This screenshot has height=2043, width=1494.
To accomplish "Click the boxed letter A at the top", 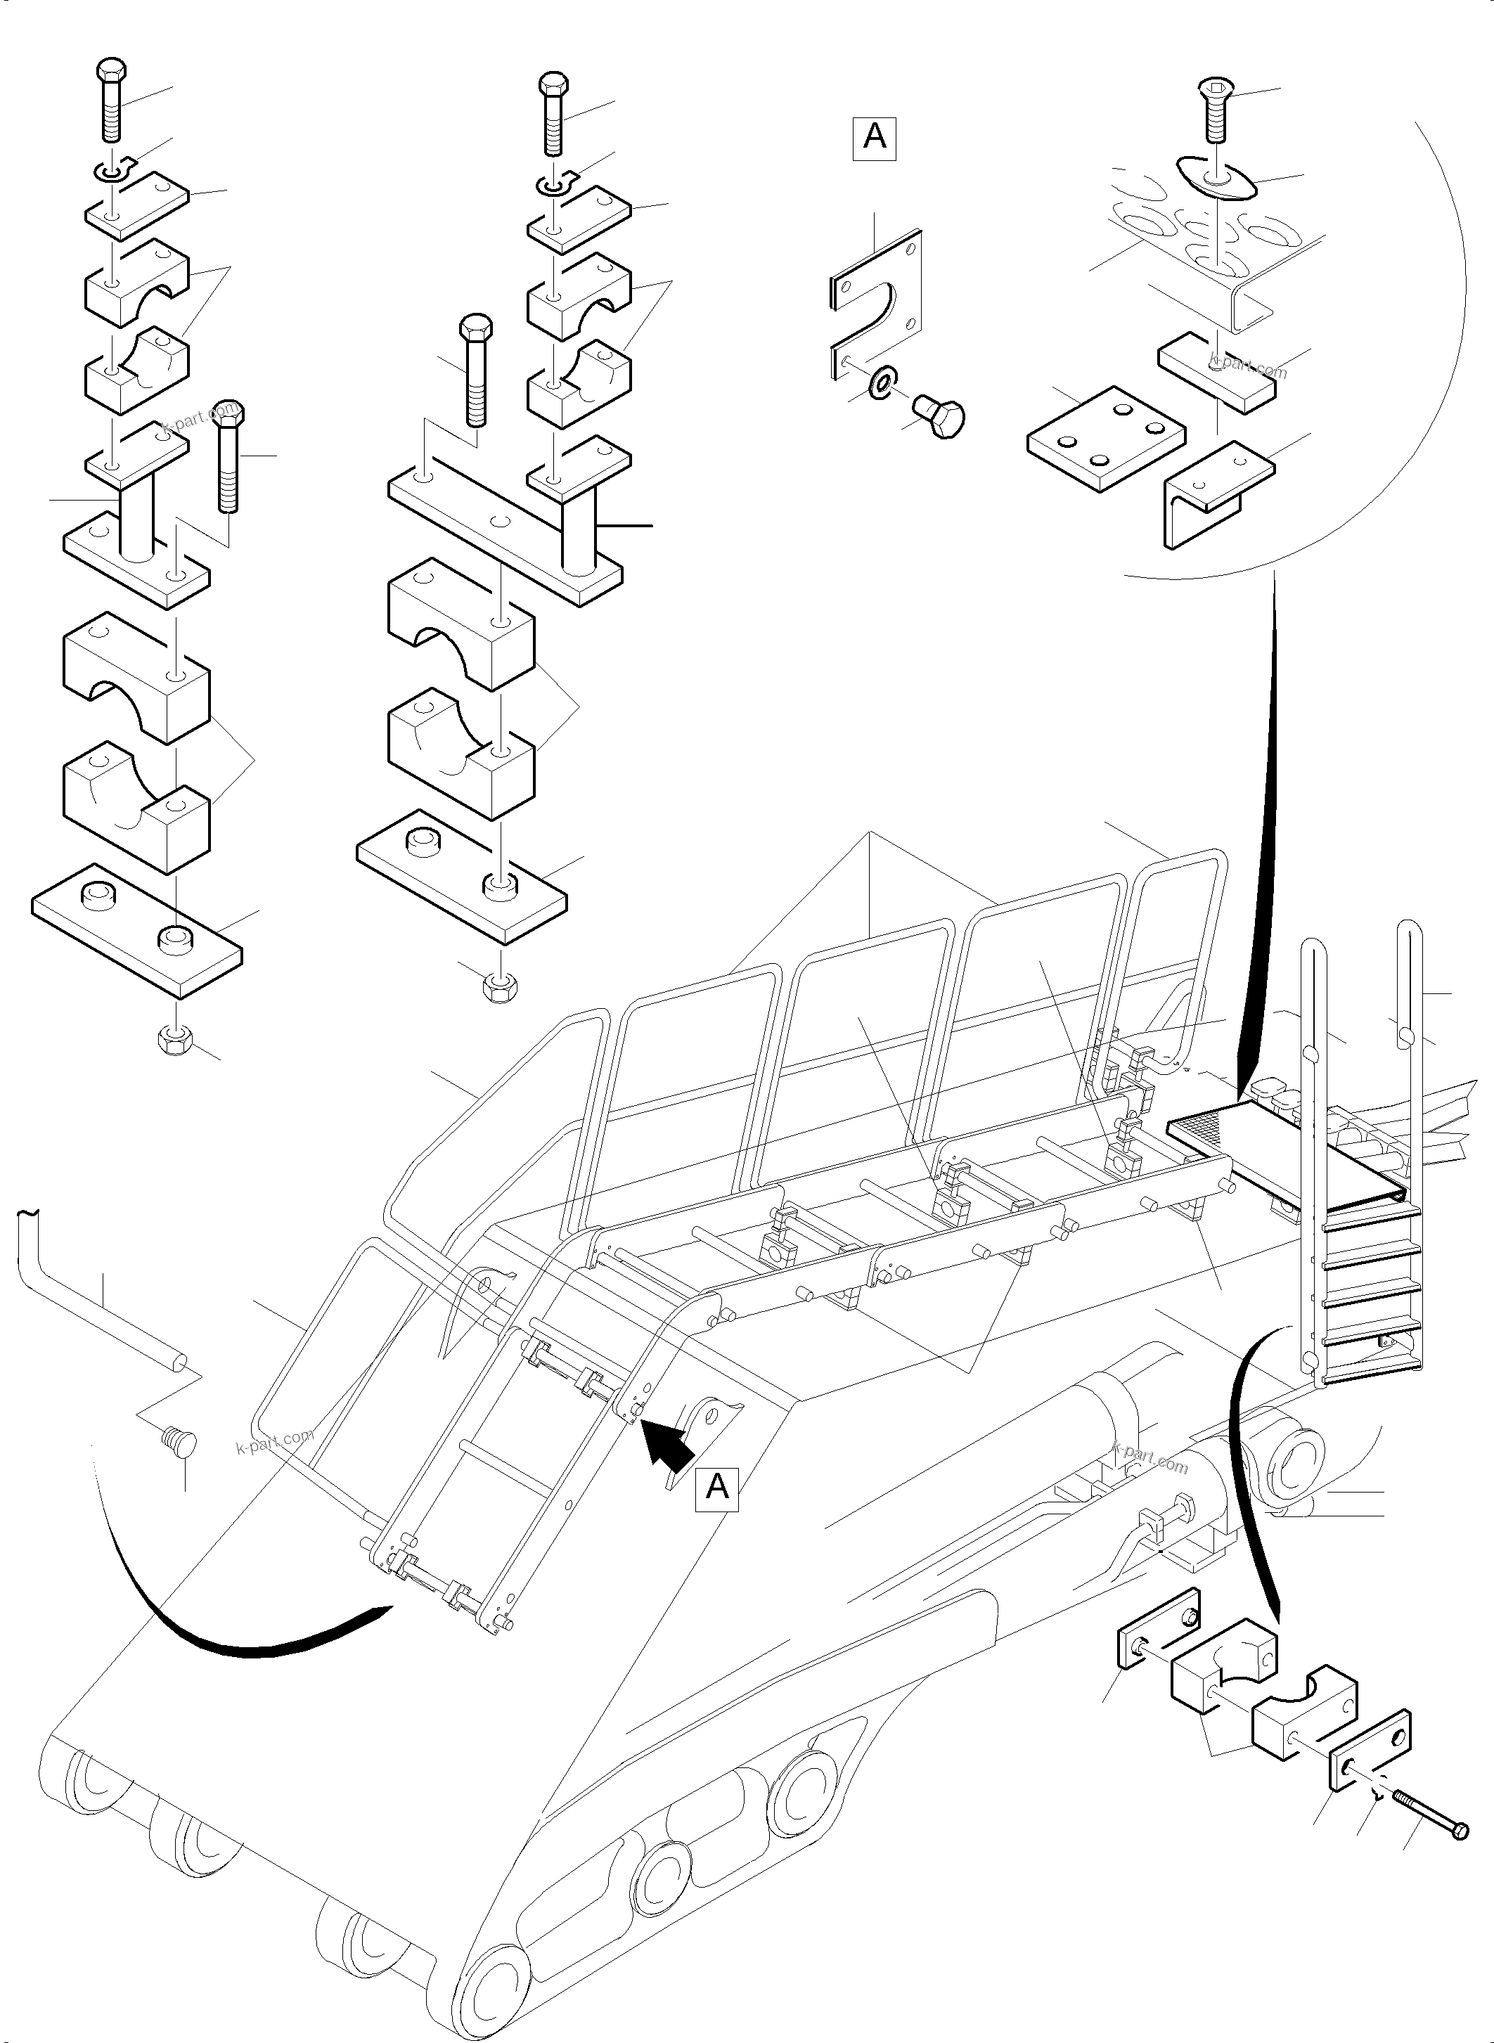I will point(874,138).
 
